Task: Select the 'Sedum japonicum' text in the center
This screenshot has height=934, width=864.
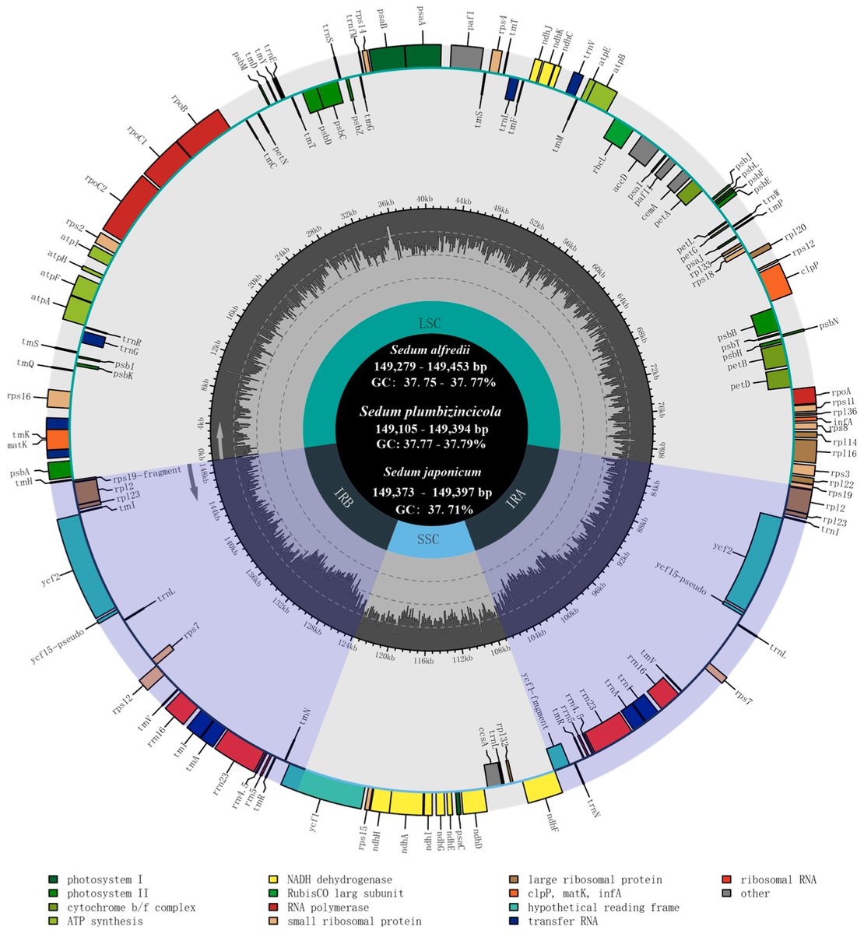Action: pyautogui.click(x=431, y=472)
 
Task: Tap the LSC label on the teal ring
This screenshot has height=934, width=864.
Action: pyautogui.click(x=430, y=322)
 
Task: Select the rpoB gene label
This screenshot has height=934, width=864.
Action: pyautogui.click(x=179, y=104)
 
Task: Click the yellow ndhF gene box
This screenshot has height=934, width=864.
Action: pyautogui.click(x=543, y=787)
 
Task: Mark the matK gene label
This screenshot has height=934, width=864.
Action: pyautogui.click(x=19, y=446)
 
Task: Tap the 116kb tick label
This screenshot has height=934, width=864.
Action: pyautogui.click(x=423, y=661)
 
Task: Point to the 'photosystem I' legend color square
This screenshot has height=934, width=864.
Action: pyautogui.click(x=52, y=880)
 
